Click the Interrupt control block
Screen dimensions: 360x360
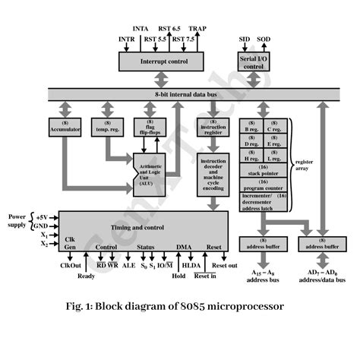(159, 60)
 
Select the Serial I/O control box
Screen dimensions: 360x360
(254, 61)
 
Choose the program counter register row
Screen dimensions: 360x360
(264, 186)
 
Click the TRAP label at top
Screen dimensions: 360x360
(197, 28)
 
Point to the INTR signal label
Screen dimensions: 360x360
(126, 38)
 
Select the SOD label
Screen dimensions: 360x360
(264, 38)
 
